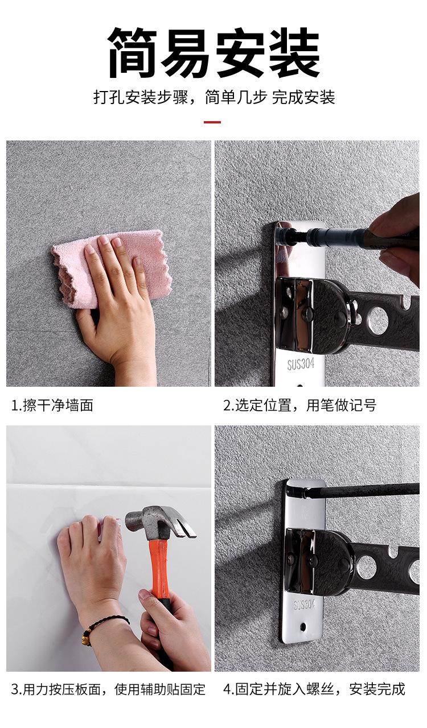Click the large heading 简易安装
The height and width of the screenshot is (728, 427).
coord(213,53)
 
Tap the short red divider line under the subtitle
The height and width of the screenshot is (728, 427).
coord(212,122)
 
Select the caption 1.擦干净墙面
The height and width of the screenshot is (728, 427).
coord(52,406)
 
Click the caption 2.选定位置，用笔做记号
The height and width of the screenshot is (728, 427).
coord(299,406)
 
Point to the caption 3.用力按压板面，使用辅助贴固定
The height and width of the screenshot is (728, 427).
coord(108,689)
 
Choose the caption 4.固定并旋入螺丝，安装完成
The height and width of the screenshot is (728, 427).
coord(314,689)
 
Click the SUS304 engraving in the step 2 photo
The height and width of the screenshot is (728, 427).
coord(301,364)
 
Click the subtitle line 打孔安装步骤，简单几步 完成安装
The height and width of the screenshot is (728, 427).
coord(214,97)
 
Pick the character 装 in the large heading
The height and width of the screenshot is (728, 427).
coord(294,53)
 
